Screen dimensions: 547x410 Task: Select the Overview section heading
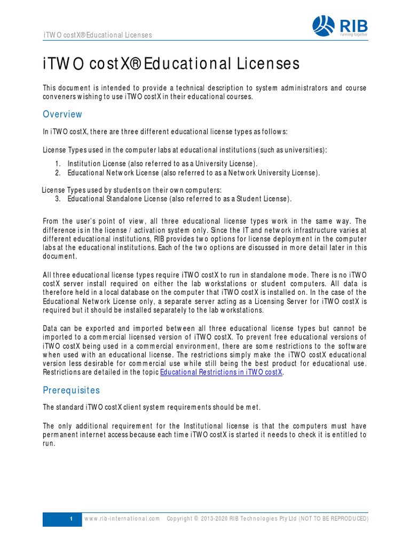62,114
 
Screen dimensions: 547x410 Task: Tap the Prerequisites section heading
71,390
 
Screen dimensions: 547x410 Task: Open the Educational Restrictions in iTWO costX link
221,372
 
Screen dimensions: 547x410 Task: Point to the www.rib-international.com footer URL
122,519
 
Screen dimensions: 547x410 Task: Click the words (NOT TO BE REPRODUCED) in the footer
333,519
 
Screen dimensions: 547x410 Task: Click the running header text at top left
97,35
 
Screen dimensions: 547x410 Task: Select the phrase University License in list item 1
226,163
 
